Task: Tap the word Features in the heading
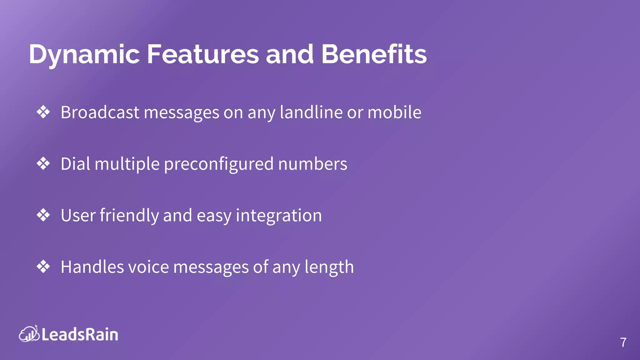click(x=203, y=54)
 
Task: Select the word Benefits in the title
click(x=374, y=54)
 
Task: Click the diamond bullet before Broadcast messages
click(x=43, y=112)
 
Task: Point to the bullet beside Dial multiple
click(x=43, y=163)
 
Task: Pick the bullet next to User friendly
click(x=43, y=215)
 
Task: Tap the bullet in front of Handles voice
click(x=43, y=267)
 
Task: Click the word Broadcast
click(x=100, y=112)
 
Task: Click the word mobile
click(x=394, y=112)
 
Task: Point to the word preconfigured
click(x=219, y=164)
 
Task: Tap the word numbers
click(x=312, y=164)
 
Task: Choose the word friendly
click(x=129, y=216)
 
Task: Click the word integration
click(x=279, y=216)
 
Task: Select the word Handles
click(x=92, y=267)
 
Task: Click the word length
click(x=329, y=267)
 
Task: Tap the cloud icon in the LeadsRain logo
click(x=29, y=334)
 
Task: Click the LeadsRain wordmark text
click(x=80, y=334)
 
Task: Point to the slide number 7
click(x=623, y=342)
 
